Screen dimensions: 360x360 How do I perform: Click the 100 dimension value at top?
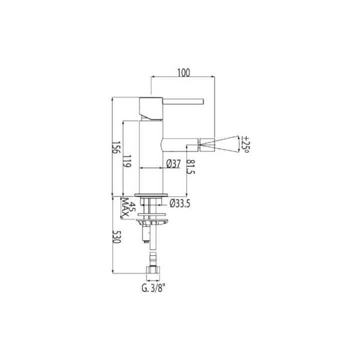click(x=183, y=73)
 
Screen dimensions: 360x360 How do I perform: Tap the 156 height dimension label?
click(x=115, y=147)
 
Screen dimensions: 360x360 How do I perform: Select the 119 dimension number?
click(x=127, y=161)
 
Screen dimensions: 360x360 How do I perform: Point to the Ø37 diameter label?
click(x=173, y=164)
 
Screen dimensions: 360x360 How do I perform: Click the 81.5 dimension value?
click(x=190, y=166)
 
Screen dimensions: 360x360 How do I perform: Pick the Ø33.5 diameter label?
click(x=180, y=203)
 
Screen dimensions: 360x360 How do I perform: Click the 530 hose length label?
click(x=116, y=236)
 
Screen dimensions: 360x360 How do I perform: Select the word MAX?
click(x=125, y=207)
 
